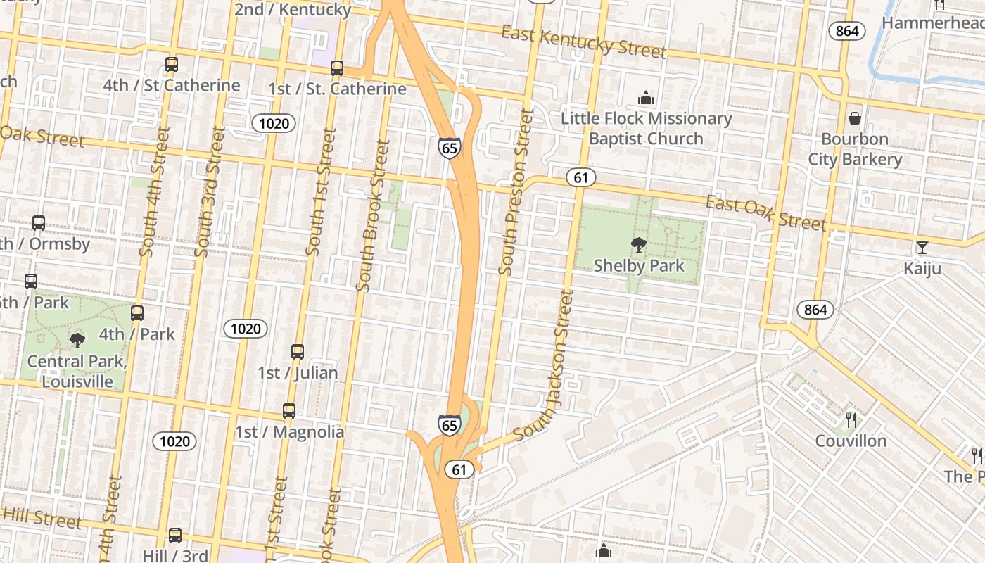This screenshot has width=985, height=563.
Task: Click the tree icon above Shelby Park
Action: click(639, 245)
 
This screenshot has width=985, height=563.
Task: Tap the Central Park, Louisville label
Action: click(77, 372)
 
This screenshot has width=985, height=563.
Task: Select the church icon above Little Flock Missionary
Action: click(645, 99)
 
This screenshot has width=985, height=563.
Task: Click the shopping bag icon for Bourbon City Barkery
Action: click(855, 118)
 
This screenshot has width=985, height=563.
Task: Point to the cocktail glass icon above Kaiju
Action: click(922, 248)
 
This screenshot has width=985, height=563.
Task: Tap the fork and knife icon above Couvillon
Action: click(851, 420)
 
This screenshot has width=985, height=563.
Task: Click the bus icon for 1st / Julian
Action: click(298, 352)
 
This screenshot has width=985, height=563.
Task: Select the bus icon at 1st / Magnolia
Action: click(289, 411)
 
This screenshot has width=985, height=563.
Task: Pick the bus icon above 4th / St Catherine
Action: click(172, 65)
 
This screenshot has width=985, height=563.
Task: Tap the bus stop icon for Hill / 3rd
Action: click(175, 535)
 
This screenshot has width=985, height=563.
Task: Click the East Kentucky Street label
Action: click(583, 42)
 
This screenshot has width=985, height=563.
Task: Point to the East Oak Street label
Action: click(765, 213)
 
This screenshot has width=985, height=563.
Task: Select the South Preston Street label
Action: click(516, 191)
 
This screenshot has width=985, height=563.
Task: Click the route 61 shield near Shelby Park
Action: click(580, 177)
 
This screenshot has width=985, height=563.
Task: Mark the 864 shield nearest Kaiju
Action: click(815, 310)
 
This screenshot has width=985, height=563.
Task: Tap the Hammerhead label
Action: click(932, 23)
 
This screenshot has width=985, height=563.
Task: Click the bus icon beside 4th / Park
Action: click(137, 313)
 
